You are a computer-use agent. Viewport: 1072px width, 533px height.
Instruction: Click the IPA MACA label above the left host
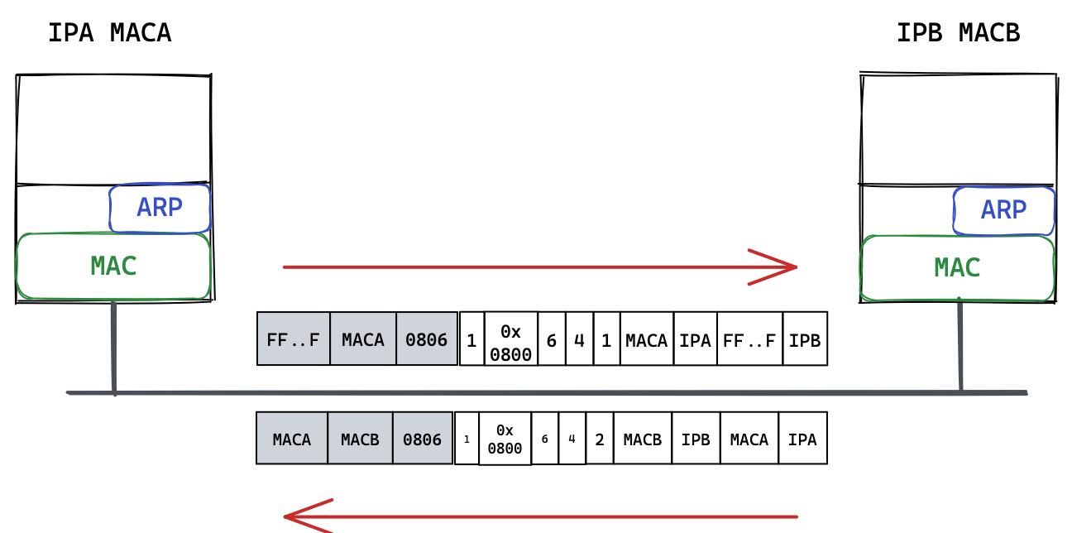[109, 33]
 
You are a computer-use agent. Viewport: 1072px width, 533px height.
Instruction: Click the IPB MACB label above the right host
[958, 33]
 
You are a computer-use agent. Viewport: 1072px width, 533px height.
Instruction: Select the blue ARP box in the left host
[160, 208]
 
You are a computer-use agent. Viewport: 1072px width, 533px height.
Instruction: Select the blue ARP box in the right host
[1003, 210]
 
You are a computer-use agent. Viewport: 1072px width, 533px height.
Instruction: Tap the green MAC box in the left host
[113, 266]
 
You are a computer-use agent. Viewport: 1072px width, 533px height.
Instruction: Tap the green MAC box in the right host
[957, 268]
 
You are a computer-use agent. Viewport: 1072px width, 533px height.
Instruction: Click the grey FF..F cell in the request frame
[293, 339]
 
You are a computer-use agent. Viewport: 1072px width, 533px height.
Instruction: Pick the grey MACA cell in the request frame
[363, 339]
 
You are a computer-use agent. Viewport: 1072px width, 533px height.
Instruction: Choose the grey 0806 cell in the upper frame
[427, 339]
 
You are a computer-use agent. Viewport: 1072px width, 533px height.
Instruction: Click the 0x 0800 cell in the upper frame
[511, 339]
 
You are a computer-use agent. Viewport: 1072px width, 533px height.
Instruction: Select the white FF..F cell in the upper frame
[749, 339]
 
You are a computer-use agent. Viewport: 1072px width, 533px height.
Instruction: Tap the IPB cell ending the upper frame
[805, 339]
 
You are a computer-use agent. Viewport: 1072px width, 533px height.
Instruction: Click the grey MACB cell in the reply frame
[360, 439]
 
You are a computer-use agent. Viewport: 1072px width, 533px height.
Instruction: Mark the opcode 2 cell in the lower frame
[600, 439]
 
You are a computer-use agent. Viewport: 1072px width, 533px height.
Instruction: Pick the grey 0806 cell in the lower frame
[423, 439]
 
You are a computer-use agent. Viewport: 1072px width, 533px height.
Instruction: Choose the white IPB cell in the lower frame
[696, 439]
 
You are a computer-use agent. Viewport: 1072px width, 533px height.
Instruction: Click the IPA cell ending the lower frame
[802, 439]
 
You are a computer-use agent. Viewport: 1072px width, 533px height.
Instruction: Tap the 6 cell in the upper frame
[552, 339]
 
